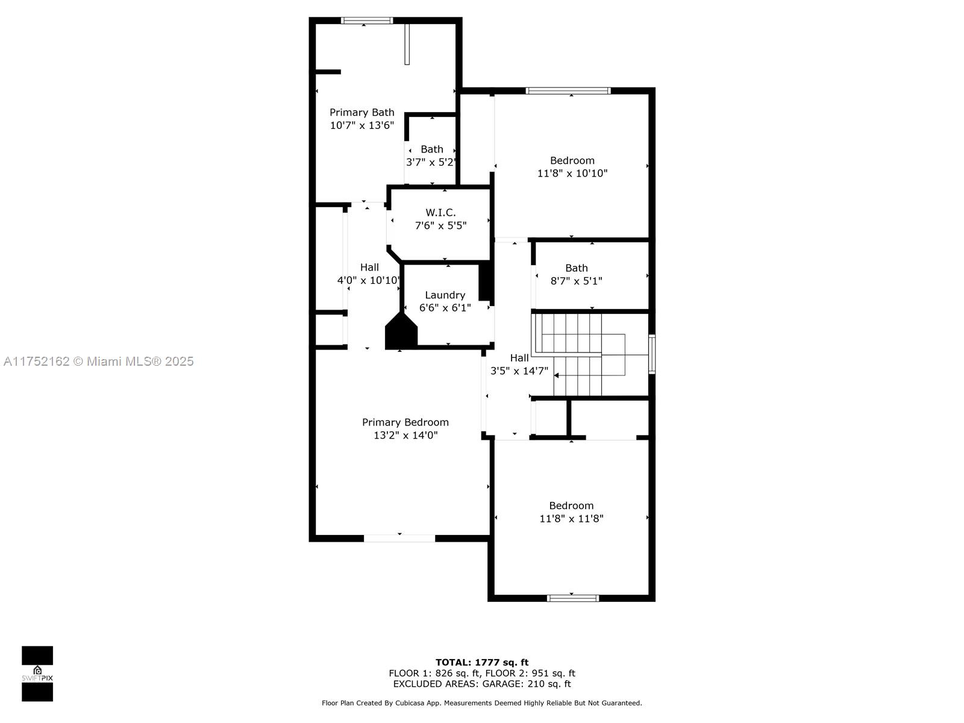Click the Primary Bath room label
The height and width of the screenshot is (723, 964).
362,113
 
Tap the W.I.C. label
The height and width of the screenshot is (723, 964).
440,213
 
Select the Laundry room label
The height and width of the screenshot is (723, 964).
445,295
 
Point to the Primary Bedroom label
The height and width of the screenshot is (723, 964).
405,422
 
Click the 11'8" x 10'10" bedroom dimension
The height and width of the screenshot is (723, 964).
572,173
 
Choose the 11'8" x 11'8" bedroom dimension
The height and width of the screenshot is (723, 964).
571,518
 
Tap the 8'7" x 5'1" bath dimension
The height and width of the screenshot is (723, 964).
576,281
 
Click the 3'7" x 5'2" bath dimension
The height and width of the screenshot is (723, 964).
430,162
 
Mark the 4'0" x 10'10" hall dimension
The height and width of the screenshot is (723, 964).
369,280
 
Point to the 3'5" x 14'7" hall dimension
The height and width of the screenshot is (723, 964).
519,371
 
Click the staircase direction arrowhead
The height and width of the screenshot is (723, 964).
557,375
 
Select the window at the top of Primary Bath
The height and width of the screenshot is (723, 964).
367,20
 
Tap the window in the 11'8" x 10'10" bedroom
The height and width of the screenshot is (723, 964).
568,91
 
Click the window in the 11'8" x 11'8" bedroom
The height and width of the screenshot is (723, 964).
573,598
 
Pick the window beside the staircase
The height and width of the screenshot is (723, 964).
652,354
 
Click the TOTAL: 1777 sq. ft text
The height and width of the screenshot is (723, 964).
482,662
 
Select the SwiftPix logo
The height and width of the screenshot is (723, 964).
37,674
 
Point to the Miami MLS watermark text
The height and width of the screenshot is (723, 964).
98,361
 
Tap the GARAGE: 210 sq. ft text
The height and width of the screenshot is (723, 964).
527,684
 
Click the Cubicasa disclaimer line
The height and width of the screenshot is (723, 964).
482,703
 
